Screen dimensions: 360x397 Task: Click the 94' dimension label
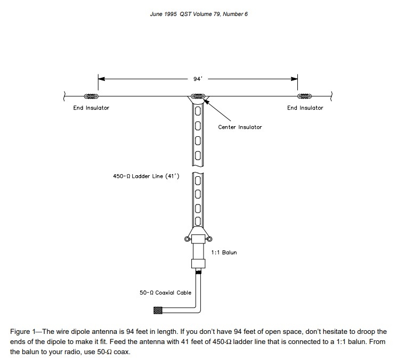[198, 78]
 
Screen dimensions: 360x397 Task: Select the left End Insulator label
[91, 108]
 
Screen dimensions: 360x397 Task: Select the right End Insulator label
[305, 108]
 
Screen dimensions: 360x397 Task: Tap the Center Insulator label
[240, 127]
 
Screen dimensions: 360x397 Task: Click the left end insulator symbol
[91, 96]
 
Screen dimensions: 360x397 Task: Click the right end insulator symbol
[305, 96]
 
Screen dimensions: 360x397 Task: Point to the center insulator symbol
[198, 97]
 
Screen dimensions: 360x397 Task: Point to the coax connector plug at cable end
[158, 310]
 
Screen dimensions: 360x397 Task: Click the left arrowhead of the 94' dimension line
[101, 79]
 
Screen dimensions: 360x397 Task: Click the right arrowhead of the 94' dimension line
[294, 79]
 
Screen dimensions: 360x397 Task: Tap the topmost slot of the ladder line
[198, 111]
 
